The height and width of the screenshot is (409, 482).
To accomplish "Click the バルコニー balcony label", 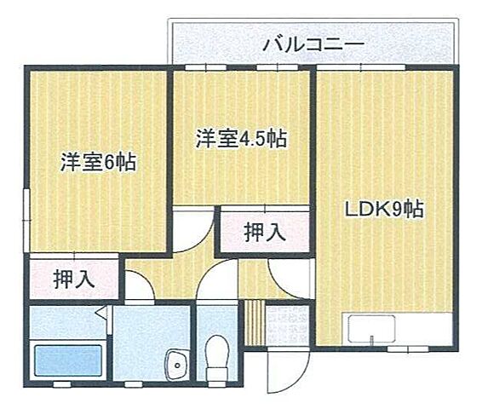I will [313, 43].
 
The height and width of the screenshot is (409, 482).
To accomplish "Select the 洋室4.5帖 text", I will [241, 139].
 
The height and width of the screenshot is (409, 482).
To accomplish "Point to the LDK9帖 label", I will [385, 208].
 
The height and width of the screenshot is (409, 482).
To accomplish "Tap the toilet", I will [219, 355].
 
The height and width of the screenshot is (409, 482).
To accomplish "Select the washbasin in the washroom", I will [177, 366].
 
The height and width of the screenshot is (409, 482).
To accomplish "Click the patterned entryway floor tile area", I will [284, 325].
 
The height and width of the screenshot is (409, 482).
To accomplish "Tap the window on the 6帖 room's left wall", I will [26, 210].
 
